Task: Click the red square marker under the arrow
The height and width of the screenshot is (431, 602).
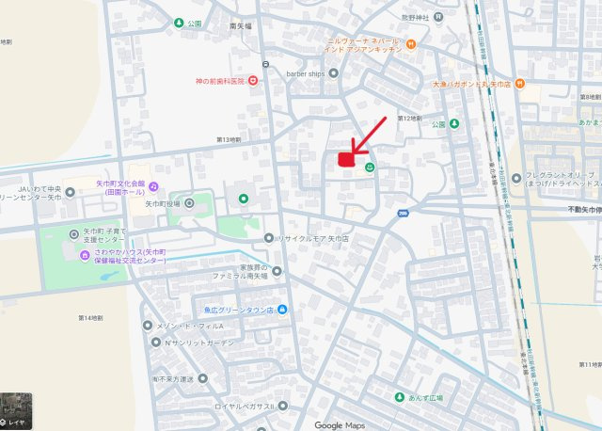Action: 346,161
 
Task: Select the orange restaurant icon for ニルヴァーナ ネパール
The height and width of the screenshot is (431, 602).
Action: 411,44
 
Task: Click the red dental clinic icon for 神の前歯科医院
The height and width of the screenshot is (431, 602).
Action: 252,82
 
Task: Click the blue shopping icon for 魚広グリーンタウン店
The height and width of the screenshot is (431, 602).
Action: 281,310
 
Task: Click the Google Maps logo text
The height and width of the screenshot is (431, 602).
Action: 339,424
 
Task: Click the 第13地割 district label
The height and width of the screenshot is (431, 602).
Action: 229,139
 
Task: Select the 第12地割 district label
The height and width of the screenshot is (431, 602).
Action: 406,118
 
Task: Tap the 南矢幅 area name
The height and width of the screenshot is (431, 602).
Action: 242,26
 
